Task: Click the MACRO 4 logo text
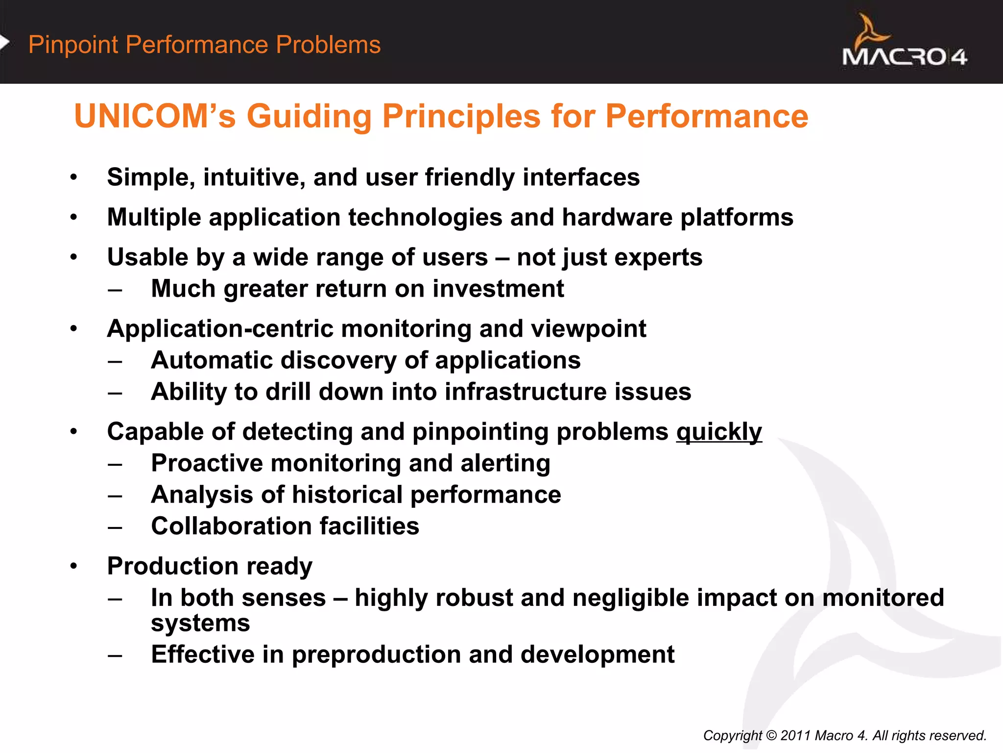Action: pos(904,57)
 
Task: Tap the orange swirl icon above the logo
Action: pos(871,31)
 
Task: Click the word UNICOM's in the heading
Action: pos(155,117)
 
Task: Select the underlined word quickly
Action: pos(719,432)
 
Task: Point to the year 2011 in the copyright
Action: pos(796,735)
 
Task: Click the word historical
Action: pos(347,495)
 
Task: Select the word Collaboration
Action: pos(231,526)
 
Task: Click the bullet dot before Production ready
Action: pos(73,566)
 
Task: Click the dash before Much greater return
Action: pos(115,290)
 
